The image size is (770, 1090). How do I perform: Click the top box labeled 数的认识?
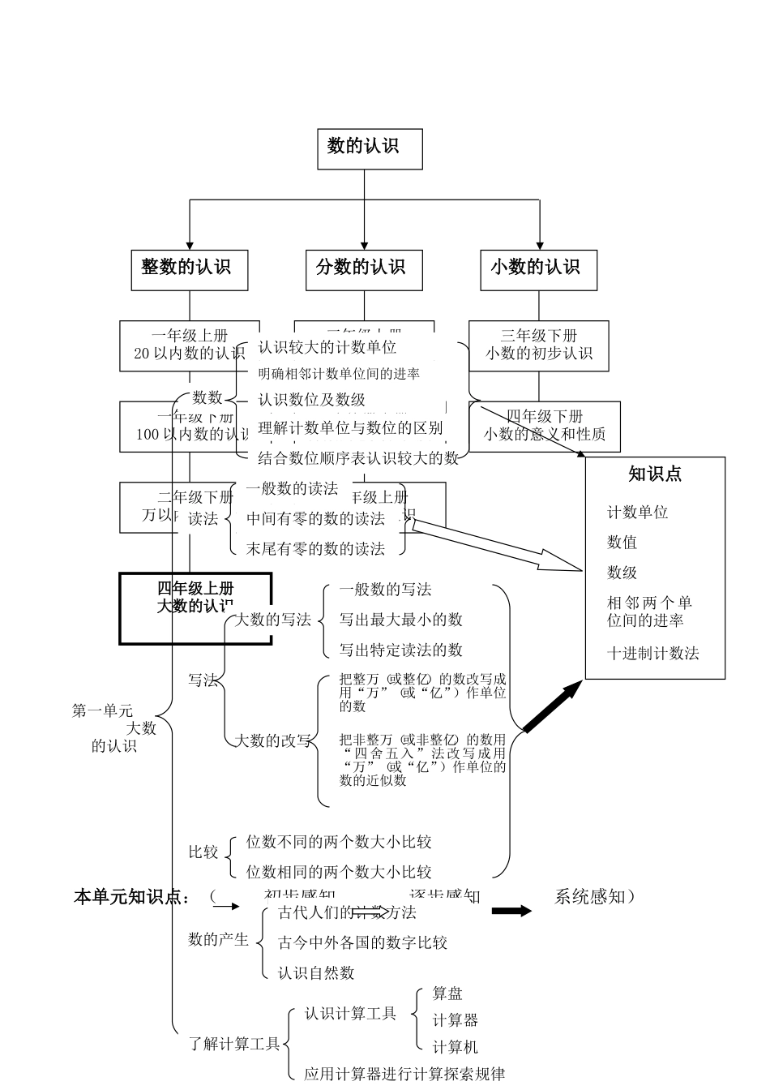click(x=370, y=147)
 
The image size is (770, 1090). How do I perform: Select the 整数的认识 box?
click(x=189, y=268)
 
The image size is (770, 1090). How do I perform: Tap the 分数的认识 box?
click(x=364, y=268)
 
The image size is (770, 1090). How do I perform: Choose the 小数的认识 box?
click(x=538, y=268)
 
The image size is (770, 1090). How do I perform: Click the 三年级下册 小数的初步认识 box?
click(x=539, y=345)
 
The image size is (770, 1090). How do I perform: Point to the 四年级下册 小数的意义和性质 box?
click(x=545, y=426)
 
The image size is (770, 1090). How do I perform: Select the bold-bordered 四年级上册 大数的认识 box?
click(x=195, y=607)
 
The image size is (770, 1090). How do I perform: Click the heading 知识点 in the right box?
click(x=655, y=475)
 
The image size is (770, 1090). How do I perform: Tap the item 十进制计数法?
click(x=652, y=654)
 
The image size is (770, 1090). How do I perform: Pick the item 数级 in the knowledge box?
click(x=622, y=573)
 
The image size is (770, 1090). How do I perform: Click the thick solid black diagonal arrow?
click(x=552, y=707)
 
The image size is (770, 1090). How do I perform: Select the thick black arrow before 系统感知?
click(x=511, y=911)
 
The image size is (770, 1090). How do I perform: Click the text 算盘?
click(x=447, y=993)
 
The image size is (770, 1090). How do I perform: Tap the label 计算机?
click(x=455, y=1047)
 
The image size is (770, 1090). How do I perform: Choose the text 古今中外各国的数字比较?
click(x=362, y=942)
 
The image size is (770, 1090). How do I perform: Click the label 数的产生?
click(x=218, y=939)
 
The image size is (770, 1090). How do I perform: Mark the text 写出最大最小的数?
click(x=400, y=620)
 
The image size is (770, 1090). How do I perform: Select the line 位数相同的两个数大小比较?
click(x=339, y=873)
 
